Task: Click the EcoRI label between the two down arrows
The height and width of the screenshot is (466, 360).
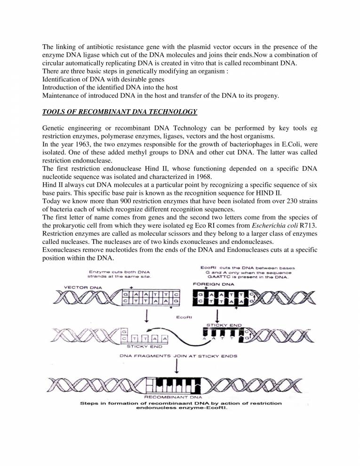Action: (x=183, y=318)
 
